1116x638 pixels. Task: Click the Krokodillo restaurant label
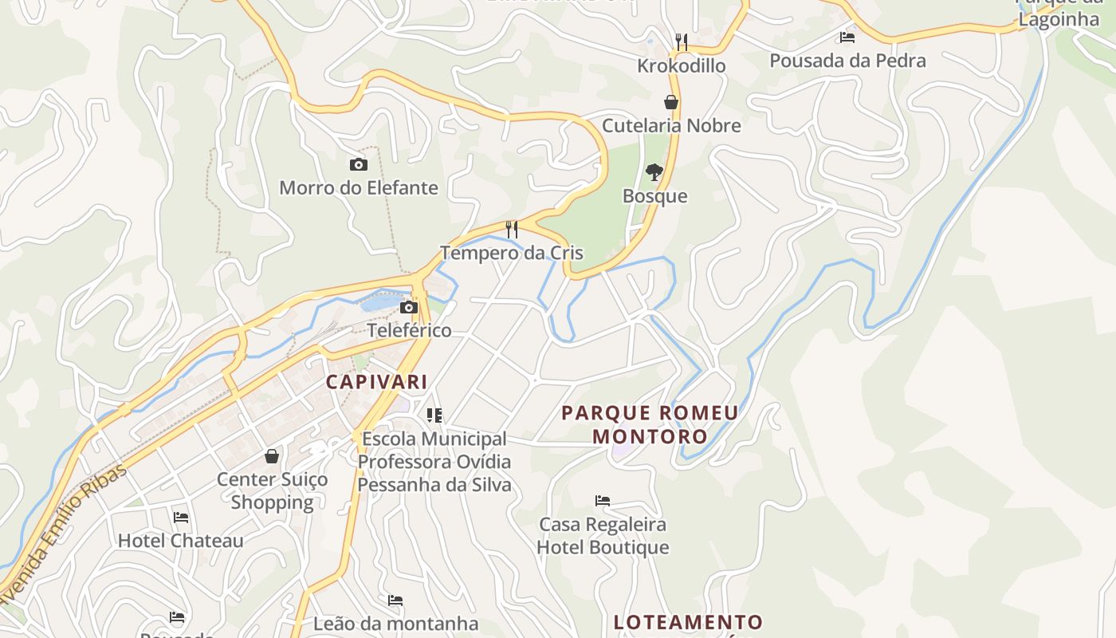[x=681, y=65]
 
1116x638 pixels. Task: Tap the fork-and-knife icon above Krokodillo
[x=681, y=41]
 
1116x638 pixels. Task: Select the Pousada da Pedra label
[x=847, y=61]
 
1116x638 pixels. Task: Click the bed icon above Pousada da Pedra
[x=847, y=37]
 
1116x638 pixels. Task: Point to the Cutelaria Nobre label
[x=671, y=125]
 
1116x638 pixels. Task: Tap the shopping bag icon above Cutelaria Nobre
[x=671, y=102]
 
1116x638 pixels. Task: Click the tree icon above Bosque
[x=654, y=172]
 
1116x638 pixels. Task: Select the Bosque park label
[x=654, y=196]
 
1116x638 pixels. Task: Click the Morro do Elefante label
[x=359, y=187]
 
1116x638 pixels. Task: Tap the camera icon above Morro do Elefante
[x=359, y=165]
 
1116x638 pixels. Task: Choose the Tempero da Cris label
[x=512, y=253]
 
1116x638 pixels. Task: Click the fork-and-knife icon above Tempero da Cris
[x=512, y=230]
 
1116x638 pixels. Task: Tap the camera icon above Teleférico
[x=409, y=308]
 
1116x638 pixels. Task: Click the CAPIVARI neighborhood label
[x=376, y=382]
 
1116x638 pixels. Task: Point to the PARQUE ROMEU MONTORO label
[x=650, y=424]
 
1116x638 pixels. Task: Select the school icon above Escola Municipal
[x=434, y=415]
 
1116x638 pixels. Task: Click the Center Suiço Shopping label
[x=273, y=490]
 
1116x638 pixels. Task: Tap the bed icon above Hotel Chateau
[x=181, y=517]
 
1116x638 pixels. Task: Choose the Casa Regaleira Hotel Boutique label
[x=603, y=536]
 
